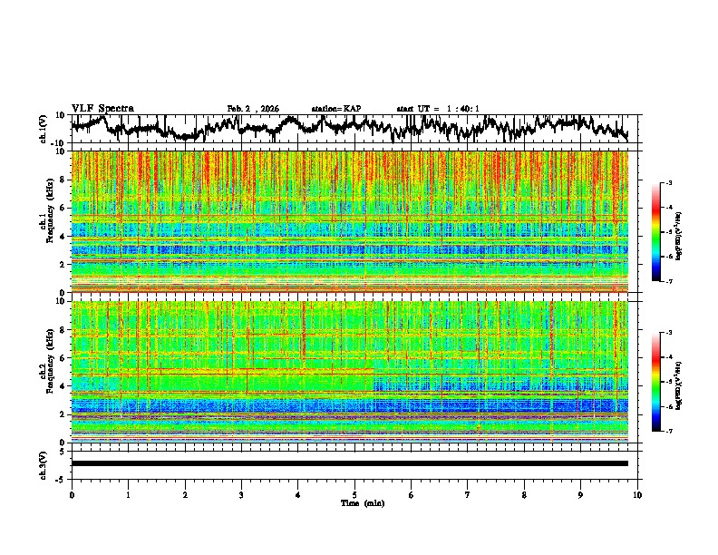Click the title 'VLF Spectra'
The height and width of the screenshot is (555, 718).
102,109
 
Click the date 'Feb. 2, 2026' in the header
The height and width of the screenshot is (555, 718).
253,109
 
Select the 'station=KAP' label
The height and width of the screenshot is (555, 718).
335,109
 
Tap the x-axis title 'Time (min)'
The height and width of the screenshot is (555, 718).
354,502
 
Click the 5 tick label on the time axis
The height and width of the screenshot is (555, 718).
354,494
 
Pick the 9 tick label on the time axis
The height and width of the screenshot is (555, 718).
581,494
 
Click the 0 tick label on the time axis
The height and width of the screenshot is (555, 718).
72,494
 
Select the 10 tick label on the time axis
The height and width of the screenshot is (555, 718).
637,494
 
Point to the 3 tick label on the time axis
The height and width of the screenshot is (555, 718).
241,494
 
